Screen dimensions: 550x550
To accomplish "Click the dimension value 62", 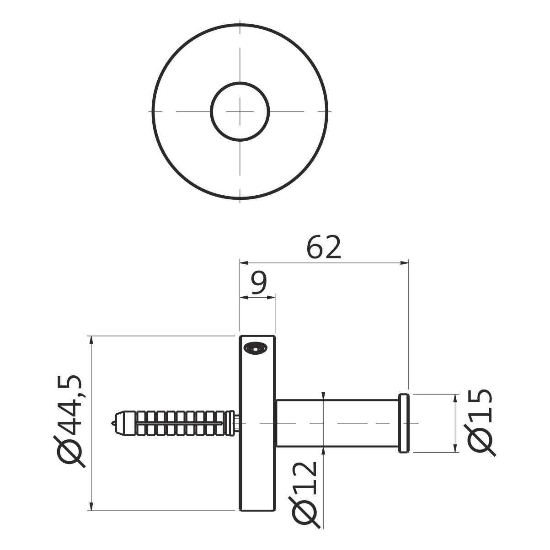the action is pyautogui.click(x=324, y=247).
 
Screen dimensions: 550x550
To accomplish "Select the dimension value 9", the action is pyautogui.click(x=259, y=283).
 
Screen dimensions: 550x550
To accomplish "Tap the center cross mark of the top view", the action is pyautogui.click(x=240, y=111).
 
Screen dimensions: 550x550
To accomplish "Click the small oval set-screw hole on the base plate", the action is pyautogui.click(x=256, y=348).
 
